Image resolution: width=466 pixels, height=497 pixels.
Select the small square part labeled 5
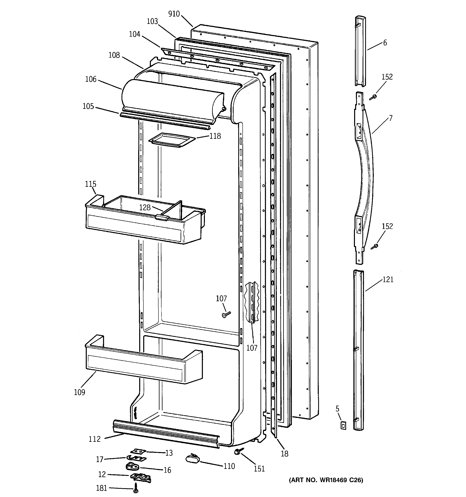coord(343,426)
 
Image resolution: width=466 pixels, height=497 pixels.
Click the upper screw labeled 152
coord(374,97)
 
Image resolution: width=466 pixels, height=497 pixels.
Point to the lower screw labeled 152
coord(375,247)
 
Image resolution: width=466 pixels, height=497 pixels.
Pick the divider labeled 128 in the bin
coord(173,209)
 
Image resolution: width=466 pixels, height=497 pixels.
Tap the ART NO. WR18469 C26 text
coord(326,480)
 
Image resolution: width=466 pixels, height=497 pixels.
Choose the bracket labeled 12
coord(140,477)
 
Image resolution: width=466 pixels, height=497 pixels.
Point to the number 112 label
coord(95,439)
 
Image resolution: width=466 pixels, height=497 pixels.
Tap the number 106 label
coord(91,79)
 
